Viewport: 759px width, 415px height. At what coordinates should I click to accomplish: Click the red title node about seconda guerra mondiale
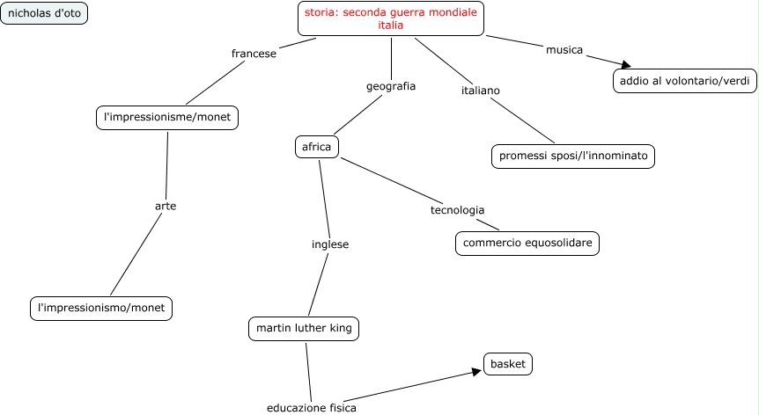390,18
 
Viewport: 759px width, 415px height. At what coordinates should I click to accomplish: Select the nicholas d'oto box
45,13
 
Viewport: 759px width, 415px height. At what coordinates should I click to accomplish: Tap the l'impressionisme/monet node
166,117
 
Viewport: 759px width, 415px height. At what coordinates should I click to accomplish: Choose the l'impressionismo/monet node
101,308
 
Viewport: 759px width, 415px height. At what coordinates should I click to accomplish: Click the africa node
316,147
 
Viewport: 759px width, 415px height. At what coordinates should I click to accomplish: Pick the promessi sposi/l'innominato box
573,156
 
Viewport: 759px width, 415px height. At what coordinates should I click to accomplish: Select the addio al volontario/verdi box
684,81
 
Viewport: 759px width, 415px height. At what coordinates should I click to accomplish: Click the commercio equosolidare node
527,243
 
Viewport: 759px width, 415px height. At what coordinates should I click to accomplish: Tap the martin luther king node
304,329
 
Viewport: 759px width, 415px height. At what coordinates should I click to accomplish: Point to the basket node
508,363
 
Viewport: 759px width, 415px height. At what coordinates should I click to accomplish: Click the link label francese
254,54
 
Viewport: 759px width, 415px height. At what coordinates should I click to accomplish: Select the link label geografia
390,86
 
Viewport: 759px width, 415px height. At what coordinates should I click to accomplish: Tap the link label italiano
481,91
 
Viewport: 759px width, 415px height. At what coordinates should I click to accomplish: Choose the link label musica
564,50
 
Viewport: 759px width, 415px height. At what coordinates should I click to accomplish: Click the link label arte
166,206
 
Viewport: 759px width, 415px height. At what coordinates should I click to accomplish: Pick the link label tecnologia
457,210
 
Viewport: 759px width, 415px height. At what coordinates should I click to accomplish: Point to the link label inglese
330,244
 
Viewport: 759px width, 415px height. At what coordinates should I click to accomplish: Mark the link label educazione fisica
312,408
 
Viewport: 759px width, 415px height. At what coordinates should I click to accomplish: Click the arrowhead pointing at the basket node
477,370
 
